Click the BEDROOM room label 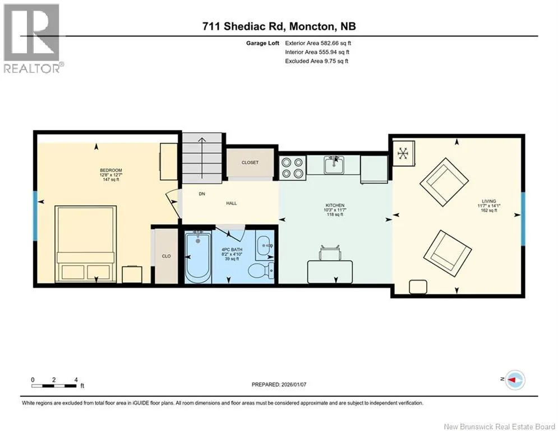pos(110,170)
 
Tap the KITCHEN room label pos(335,205)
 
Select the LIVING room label pos(488,201)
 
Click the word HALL pos(231,203)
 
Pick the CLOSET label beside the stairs pos(250,162)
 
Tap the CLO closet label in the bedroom pos(166,256)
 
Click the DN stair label pos(202,194)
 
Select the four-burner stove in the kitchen pos(293,168)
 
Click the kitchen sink pos(334,166)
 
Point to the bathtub pos(198,256)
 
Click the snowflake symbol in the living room pos(403,154)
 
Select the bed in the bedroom pos(86,244)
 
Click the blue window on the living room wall pos(523,219)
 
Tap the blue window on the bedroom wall pos(35,216)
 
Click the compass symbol pos(515,380)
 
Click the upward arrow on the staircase pos(202,158)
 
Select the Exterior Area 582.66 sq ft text pos(318,43)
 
